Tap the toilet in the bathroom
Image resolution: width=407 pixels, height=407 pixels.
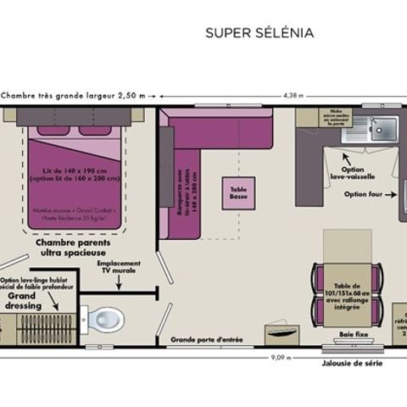click(x=106, y=319)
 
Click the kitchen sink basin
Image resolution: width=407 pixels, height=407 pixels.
click(x=384, y=128)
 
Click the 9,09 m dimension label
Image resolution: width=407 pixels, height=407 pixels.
click(x=280, y=358)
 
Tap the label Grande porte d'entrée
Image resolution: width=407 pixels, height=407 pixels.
click(x=207, y=341)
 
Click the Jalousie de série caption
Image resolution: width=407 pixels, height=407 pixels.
click(x=352, y=363)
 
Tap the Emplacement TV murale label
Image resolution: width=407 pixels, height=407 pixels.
click(x=119, y=269)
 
